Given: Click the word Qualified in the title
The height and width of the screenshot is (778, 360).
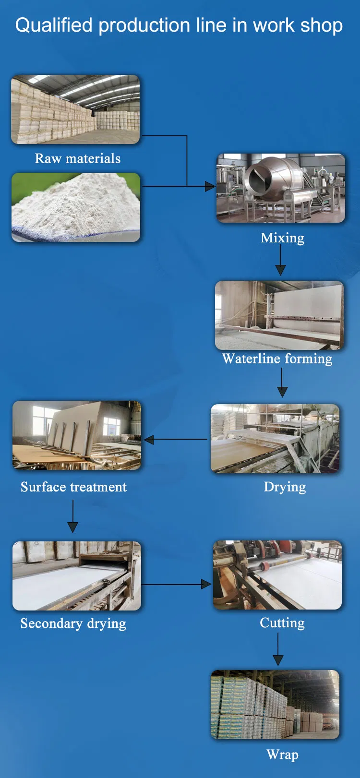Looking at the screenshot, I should (53, 25).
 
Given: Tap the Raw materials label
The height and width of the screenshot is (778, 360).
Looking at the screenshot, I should (78, 158).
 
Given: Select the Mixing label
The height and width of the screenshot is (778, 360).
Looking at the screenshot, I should (282, 238).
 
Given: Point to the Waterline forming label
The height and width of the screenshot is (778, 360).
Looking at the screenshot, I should (277, 359).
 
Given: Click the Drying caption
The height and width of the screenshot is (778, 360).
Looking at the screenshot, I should (285, 487).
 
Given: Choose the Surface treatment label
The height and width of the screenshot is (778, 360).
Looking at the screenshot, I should (73, 487).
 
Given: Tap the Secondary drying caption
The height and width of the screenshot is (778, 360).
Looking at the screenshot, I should (73, 623).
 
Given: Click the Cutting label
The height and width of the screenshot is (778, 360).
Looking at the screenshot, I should (282, 622).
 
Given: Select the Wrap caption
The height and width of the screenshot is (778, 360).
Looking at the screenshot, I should (282, 754).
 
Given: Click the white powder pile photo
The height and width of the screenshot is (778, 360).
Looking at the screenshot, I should (76, 207).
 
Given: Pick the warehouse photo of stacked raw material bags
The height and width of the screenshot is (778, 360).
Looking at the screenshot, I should (75, 109).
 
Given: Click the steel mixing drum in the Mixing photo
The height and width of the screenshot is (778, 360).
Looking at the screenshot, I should (272, 180).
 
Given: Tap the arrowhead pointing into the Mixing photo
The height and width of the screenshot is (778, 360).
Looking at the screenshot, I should (210, 186).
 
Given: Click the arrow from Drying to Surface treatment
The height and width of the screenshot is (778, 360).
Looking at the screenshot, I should (175, 439).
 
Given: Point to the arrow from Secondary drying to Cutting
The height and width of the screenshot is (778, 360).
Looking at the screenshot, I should (177, 584).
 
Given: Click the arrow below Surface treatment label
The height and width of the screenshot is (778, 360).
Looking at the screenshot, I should (73, 516).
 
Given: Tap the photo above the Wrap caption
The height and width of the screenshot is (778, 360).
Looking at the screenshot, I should (275, 704).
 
